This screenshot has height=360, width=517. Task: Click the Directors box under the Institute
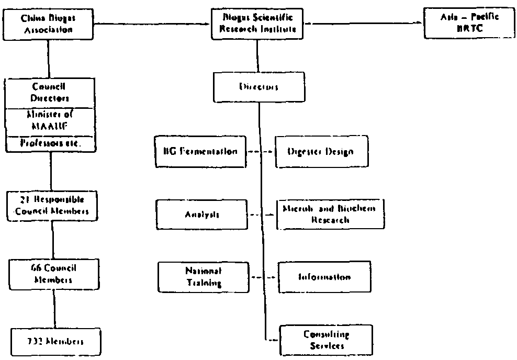[x=258, y=87]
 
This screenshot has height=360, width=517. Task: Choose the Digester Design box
[x=321, y=152]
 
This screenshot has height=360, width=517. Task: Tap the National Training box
[x=204, y=277]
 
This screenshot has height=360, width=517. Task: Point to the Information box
[x=324, y=277]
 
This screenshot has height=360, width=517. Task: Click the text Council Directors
[x=50, y=92]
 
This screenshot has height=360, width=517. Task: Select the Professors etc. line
[x=50, y=143]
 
